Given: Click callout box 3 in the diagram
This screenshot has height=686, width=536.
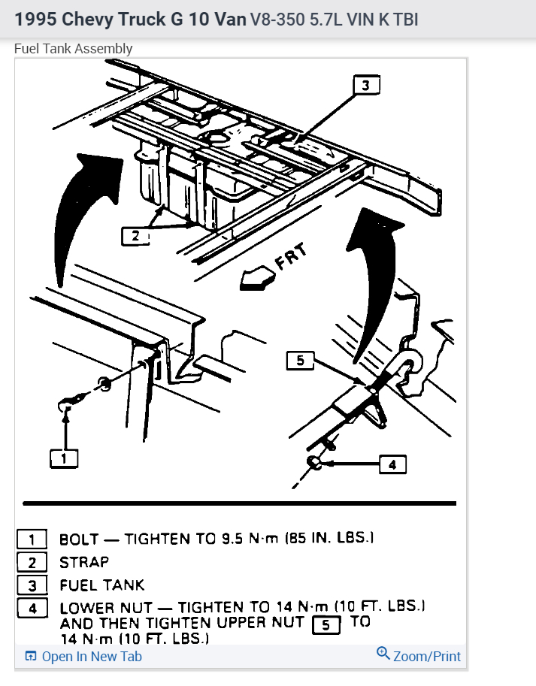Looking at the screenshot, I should pyautogui.click(x=366, y=85).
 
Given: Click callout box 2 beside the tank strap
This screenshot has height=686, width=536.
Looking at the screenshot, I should pyautogui.click(x=135, y=236).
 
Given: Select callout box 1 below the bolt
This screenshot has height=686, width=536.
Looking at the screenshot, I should pyautogui.click(x=64, y=457).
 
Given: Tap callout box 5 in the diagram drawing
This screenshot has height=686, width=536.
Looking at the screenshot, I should pyautogui.click(x=300, y=361).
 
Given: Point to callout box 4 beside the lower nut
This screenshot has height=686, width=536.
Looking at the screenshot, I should pyautogui.click(x=392, y=465).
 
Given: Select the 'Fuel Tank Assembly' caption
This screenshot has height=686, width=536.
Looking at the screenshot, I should pyautogui.click(x=74, y=49).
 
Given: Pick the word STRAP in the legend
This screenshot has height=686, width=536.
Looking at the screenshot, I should pyautogui.click(x=84, y=562).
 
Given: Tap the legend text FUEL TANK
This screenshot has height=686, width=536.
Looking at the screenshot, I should pyautogui.click(x=101, y=585).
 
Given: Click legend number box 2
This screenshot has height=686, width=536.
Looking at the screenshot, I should pyautogui.click(x=32, y=562).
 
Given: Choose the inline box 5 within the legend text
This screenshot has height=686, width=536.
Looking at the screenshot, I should pyautogui.click(x=326, y=623).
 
